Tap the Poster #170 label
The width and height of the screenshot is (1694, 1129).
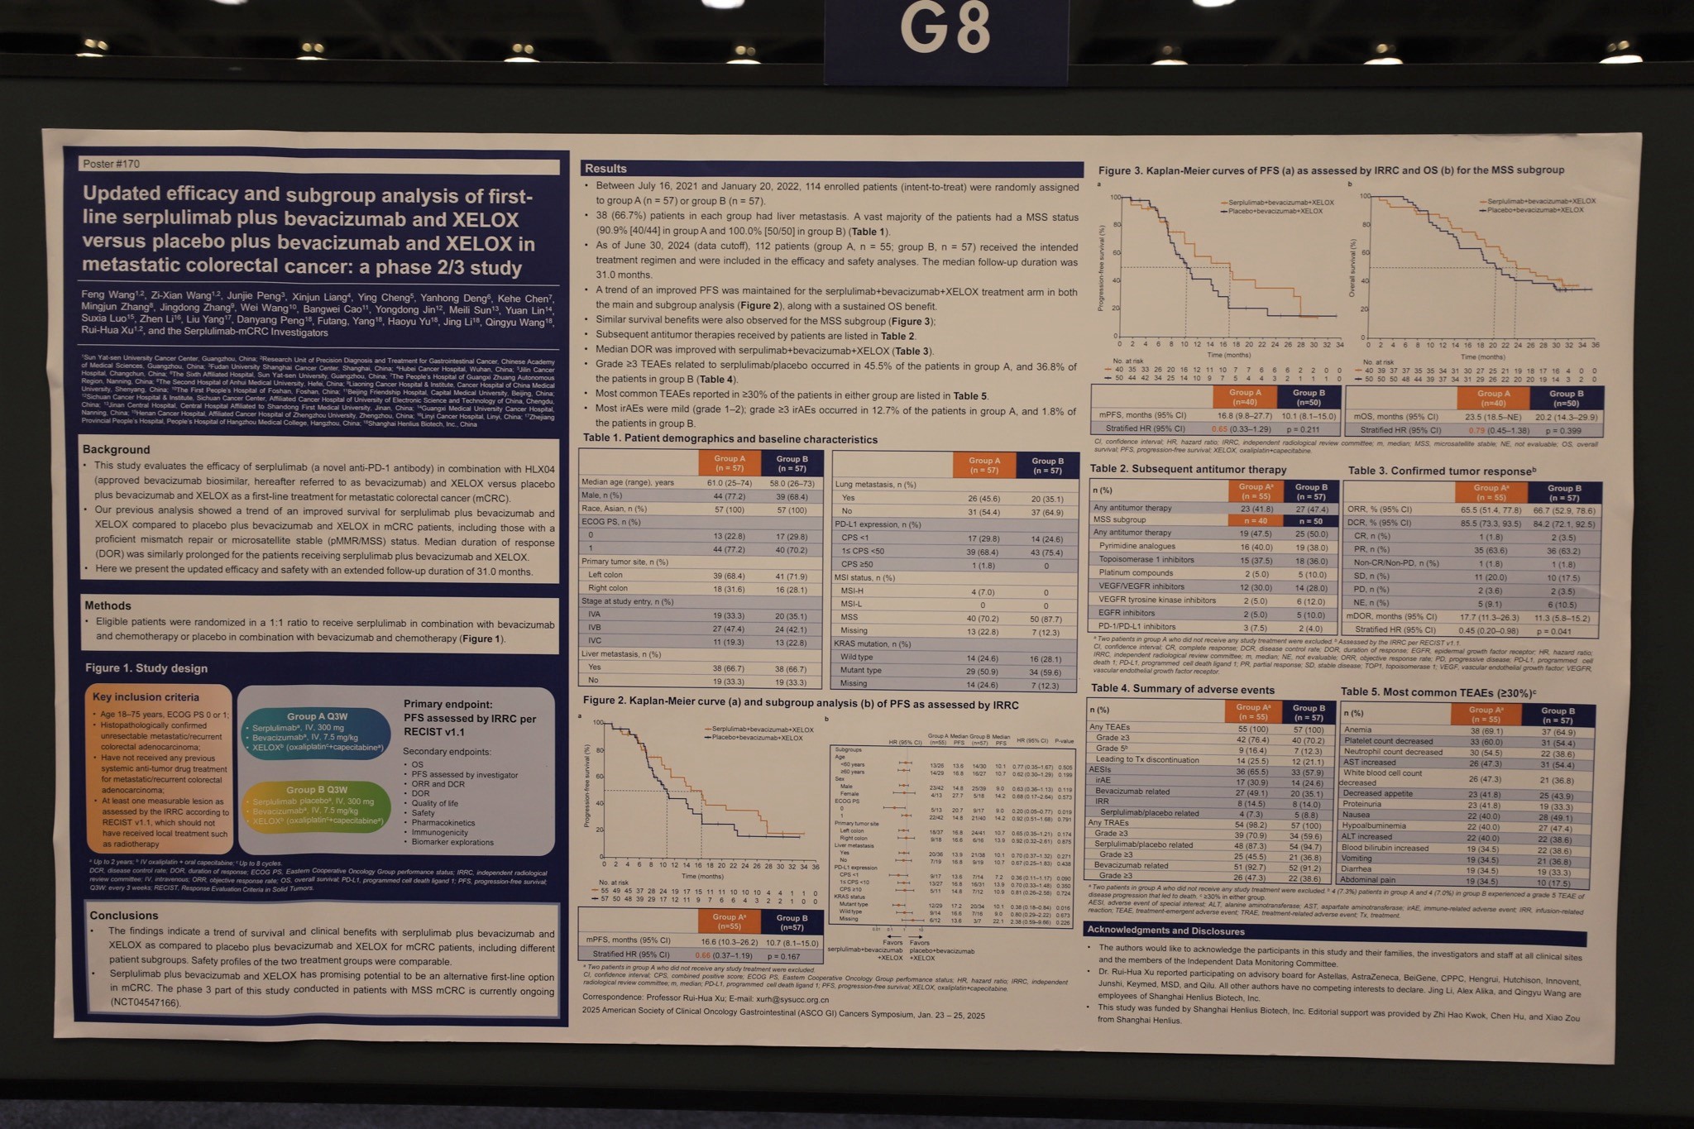[x=111, y=164]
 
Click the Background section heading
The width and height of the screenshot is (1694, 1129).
[x=117, y=449]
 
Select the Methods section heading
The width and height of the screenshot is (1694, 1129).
[x=108, y=605]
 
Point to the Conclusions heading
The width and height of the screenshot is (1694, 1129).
[x=124, y=915]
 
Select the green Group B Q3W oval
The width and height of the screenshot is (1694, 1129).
[x=317, y=806]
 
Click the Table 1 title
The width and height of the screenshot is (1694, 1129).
[x=730, y=439]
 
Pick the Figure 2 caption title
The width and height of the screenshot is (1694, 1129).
[x=801, y=704]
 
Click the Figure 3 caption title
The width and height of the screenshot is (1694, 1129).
[x=1331, y=170]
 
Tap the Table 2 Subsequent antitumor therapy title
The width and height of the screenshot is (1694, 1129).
[x=1188, y=469]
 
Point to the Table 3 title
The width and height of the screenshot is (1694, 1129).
[x=1442, y=471]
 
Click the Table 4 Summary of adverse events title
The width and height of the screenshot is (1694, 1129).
[x=1182, y=689]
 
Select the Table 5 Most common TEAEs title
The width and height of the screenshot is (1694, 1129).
[x=1438, y=691]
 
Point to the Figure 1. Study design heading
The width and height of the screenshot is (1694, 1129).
[x=146, y=668]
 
